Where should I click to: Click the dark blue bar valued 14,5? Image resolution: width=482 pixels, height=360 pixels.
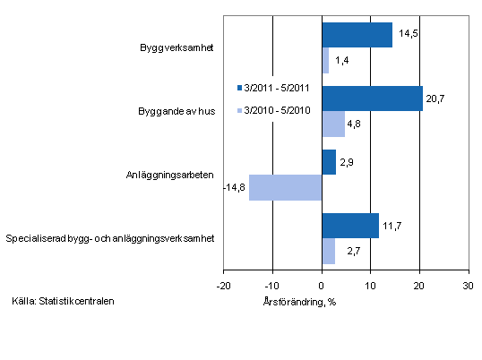(357, 35)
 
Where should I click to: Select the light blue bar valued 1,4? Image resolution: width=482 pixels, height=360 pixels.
(325, 60)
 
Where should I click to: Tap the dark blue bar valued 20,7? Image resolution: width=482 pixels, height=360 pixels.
(372, 99)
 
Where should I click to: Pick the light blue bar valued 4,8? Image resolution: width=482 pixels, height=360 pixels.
(333, 124)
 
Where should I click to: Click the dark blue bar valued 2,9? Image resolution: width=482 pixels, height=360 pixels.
(329, 162)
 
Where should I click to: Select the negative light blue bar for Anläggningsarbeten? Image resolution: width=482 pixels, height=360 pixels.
(285, 187)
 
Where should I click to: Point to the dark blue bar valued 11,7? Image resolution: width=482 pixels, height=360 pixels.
(349, 226)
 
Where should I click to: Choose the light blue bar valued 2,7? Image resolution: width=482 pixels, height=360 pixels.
(328, 251)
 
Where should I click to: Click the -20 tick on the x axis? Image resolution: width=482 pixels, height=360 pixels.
(223, 286)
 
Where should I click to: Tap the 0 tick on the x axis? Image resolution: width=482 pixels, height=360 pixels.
(322, 286)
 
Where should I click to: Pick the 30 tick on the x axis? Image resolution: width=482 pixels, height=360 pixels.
(467, 286)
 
